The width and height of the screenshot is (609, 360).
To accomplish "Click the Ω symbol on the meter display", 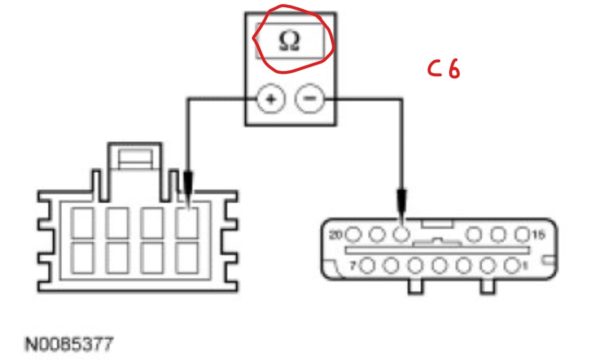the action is (289, 42).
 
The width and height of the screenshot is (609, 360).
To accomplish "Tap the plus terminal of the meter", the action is (271, 100).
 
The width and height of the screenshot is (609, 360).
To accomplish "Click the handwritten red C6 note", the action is (443, 69).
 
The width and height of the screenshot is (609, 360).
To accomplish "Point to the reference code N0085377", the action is (70, 344).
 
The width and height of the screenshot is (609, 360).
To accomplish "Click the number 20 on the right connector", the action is (336, 234).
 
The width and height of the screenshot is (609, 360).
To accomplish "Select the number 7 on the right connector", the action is (352, 266).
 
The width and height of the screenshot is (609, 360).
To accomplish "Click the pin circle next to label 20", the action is (353, 234).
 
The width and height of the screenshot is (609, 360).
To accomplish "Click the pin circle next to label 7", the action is (368, 266).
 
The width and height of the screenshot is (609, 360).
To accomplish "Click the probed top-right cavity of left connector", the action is (187, 223).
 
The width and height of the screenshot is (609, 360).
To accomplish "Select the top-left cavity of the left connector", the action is (82, 223).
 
